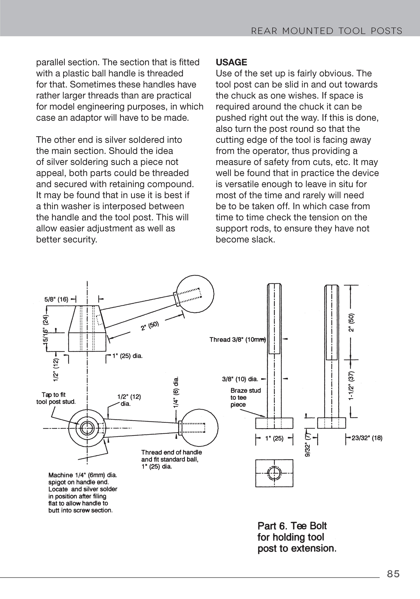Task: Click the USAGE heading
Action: [x=231, y=62]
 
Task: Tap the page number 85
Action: [x=393, y=574]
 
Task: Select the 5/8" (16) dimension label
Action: [x=56, y=299]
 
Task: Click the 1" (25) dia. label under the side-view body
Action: [x=127, y=356]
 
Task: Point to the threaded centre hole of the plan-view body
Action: [x=87, y=428]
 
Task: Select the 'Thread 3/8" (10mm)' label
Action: [x=237, y=339]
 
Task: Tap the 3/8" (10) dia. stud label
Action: [x=240, y=379]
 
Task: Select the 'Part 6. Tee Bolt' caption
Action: [x=292, y=526]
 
